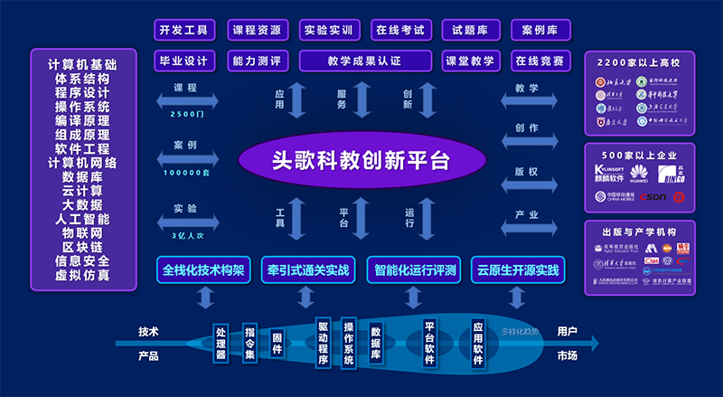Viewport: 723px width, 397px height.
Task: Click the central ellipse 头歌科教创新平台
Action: (361, 161)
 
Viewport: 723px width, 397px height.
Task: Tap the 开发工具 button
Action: (185, 30)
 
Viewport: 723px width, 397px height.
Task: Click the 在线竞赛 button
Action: (540, 61)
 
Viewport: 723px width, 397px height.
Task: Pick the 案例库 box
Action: (540, 30)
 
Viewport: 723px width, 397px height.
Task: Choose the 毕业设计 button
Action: (185, 61)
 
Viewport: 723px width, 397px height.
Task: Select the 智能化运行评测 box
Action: (413, 269)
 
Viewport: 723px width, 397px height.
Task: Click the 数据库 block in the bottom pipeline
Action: (375, 343)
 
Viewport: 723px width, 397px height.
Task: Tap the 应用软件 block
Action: (479, 341)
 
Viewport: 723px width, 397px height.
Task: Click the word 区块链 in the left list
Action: (83, 247)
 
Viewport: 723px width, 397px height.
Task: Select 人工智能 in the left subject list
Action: (83, 218)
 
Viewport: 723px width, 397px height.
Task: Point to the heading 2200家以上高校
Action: (639, 64)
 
